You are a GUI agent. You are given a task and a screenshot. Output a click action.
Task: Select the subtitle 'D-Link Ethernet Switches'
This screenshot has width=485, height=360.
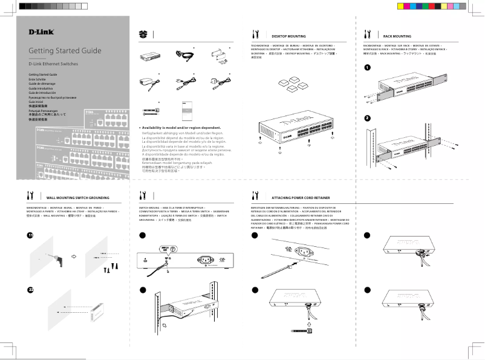[x=53, y=63]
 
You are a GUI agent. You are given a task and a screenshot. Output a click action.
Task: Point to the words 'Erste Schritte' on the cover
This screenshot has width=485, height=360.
[x=37, y=79]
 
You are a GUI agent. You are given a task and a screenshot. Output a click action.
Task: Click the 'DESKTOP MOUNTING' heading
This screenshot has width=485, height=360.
[x=288, y=36]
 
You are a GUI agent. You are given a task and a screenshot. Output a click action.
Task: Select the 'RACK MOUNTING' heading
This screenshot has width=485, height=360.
[x=397, y=36]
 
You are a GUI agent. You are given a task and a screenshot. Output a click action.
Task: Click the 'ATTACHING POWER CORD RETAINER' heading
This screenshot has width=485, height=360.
[x=301, y=197]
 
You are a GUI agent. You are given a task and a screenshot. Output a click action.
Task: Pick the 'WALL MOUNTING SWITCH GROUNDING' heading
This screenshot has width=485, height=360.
[x=77, y=198]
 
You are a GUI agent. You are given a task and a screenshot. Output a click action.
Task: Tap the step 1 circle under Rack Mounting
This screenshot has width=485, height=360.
[x=367, y=67]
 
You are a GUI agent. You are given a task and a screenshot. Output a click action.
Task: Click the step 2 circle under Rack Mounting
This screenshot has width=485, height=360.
[x=367, y=117]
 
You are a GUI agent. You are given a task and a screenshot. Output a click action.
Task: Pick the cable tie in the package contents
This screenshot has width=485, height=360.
[x=150, y=111]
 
